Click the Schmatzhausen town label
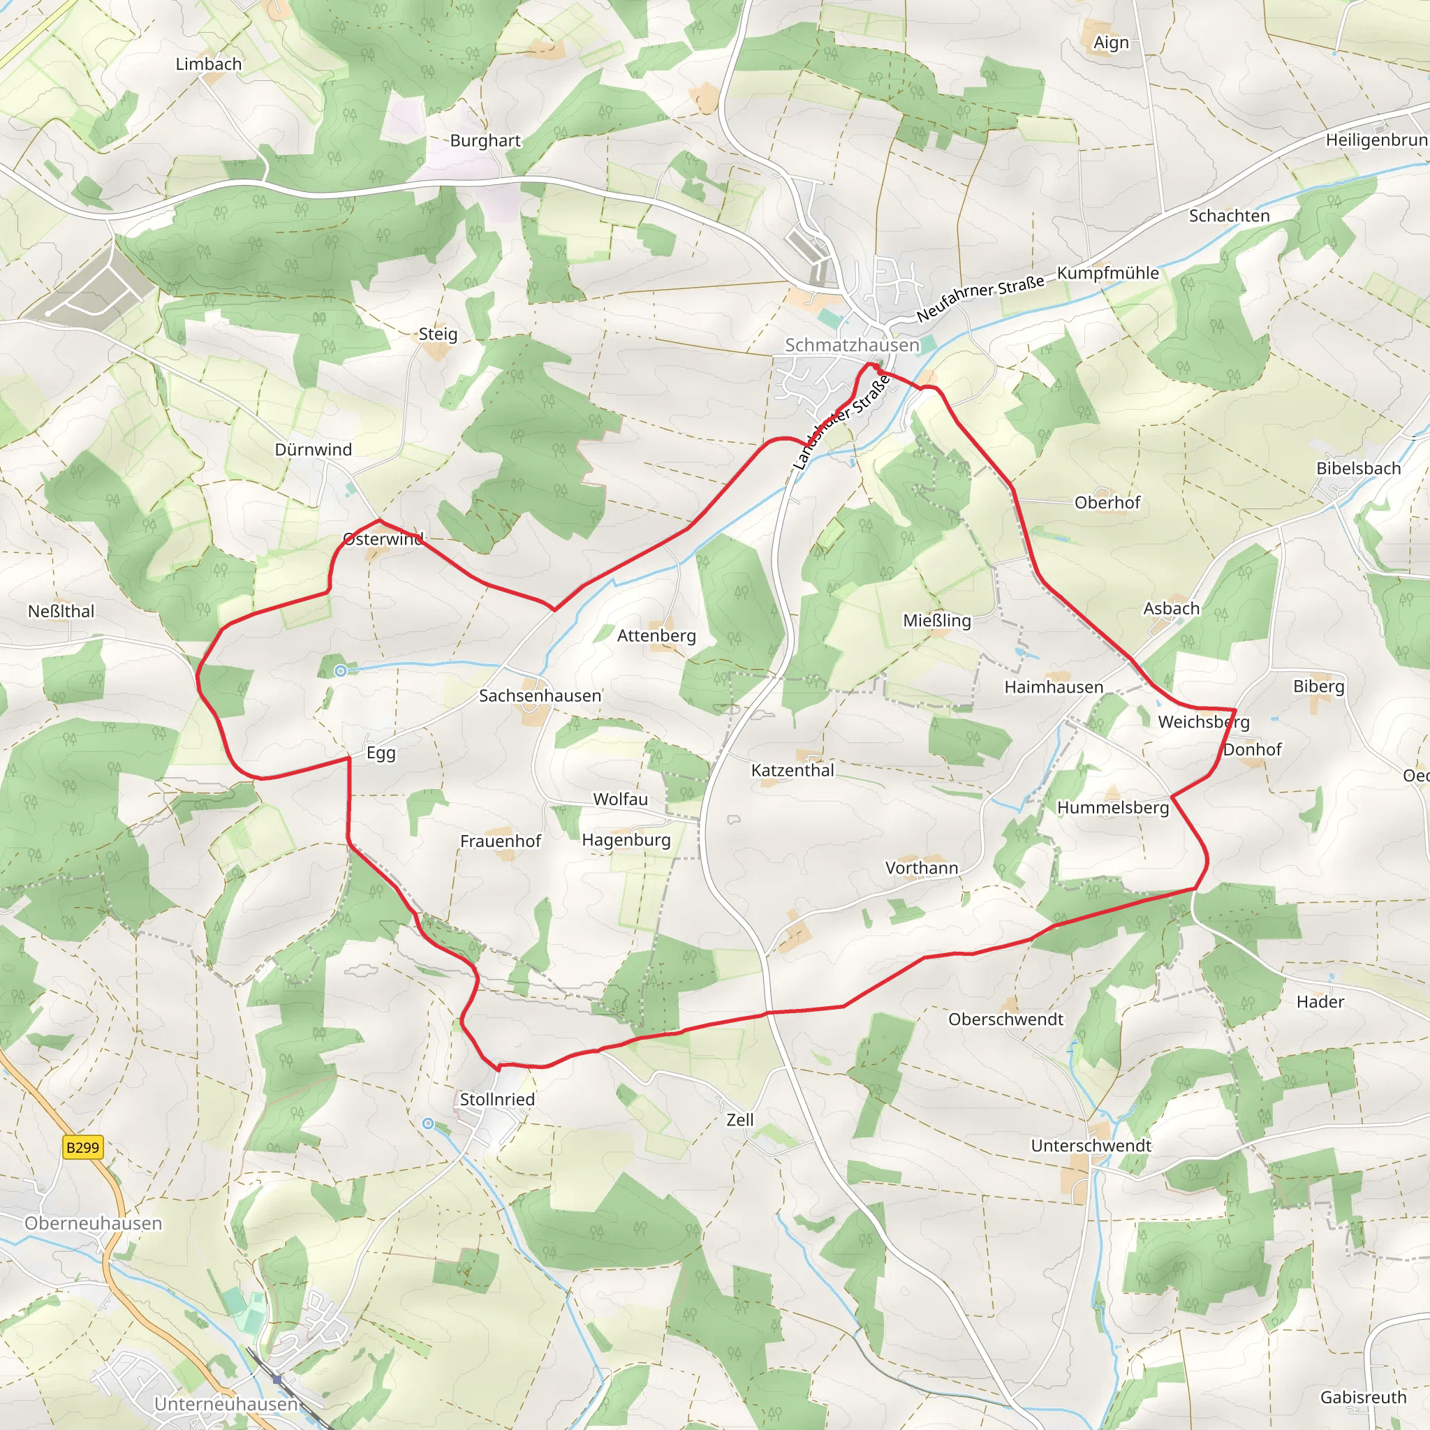[x=852, y=345]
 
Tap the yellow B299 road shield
[x=82, y=1147]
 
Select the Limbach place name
[x=209, y=64]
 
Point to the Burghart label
[x=485, y=140]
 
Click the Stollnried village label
[x=497, y=1099]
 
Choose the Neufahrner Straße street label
[x=981, y=297]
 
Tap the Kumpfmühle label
[x=1108, y=273]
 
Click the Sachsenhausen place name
[x=540, y=695]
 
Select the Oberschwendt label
[x=1006, y=1019]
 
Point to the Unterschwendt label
[x=1091, y=1146]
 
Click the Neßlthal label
[x=61, y=612]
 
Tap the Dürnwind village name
[x=313, y=449]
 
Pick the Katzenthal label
[x=793, y=771]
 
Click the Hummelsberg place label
[x=1113, y=808]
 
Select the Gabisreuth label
[x=1364, y=1397]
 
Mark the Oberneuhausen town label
[x=94, y=1223]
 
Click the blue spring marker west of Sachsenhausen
[x=341, y=671]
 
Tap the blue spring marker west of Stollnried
[x=428, y=1123]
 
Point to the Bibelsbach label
[x=1358, y=469]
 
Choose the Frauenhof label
[x=501, y=841]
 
